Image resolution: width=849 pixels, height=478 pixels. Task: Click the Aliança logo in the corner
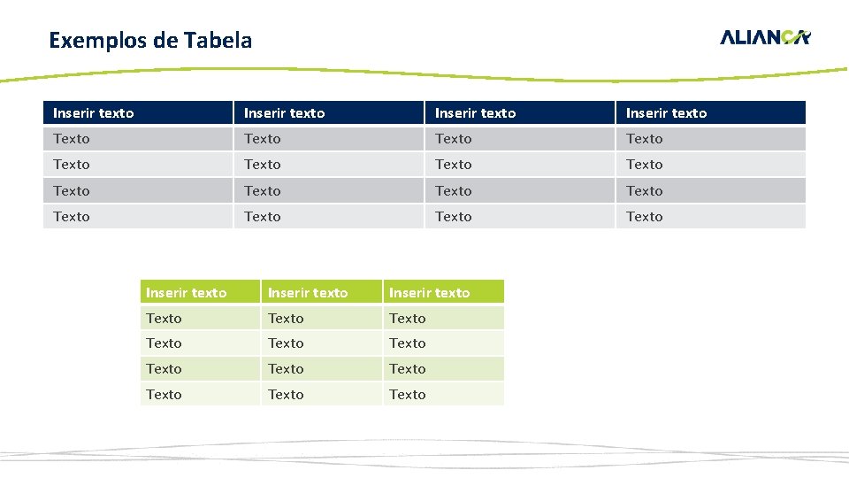point(765,37)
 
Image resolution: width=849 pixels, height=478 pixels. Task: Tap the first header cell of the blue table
point(94,113)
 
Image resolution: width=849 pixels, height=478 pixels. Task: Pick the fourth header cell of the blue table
point(667,113)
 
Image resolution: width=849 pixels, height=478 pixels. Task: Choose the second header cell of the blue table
point(285,113)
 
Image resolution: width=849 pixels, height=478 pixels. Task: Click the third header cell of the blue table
point(476,113)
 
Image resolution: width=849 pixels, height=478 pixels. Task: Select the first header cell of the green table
point(187,293)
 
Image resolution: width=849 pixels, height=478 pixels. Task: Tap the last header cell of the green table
point(430,293)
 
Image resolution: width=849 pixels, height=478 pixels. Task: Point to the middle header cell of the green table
point(308,293)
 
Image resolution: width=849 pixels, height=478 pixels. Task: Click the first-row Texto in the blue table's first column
point(72,139)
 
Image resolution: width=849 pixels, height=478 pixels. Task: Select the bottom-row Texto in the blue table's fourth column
point(645,217)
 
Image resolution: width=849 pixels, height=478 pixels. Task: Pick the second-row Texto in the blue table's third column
point(454,165)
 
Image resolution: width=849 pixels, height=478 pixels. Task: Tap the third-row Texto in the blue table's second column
point(263,191)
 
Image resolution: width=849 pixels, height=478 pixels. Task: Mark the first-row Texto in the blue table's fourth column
point(645,139)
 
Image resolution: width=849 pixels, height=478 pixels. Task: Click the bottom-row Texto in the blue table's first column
point(72,217)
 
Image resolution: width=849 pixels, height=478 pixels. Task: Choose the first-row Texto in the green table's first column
point(164,319)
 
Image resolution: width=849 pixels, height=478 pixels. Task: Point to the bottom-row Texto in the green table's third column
point(408,395)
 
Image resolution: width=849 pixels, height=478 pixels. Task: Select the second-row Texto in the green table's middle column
point(286,343)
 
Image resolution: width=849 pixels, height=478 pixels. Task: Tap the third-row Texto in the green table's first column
point(164,369)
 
